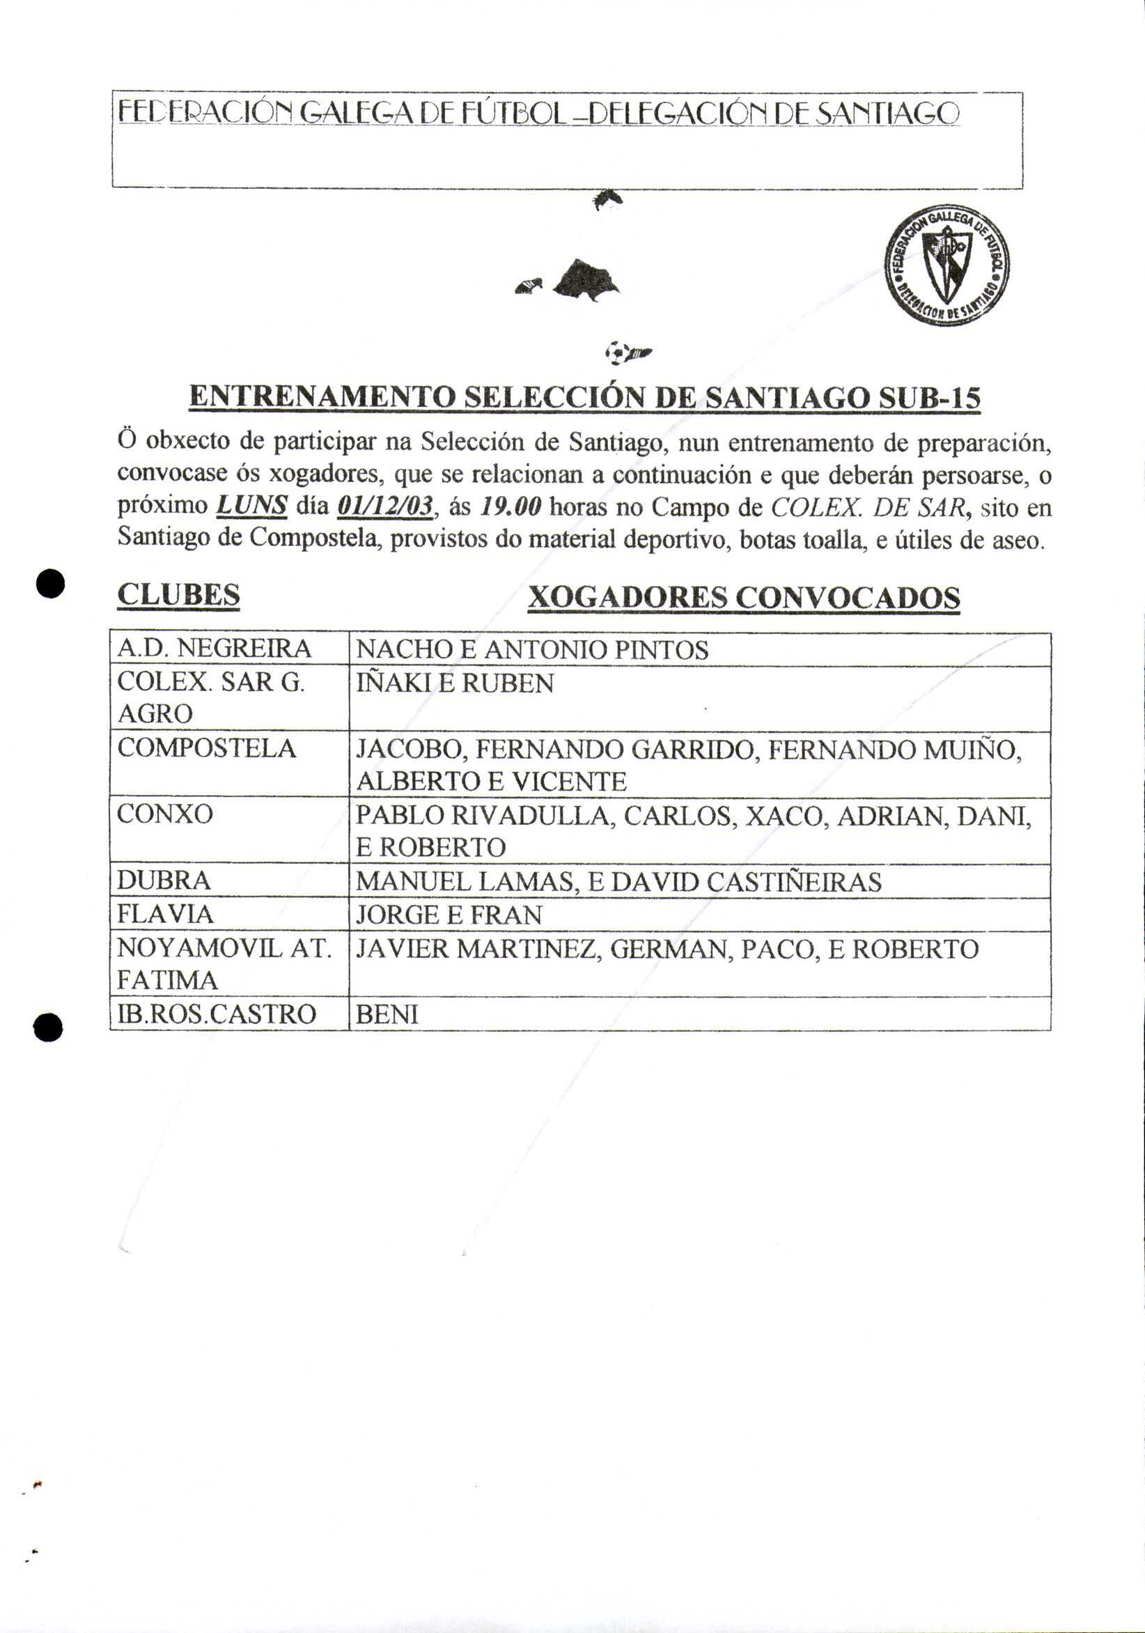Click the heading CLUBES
tap(178, 594)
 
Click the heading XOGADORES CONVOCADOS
tap(744, 598)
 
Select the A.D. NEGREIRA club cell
tap(214, 649)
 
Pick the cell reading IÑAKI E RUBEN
tap(455, 683)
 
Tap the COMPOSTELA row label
tap(206, 748)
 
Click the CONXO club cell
tap(165, 814)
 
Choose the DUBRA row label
tap(164, 881)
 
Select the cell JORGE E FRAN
tap(449, 915)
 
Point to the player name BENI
tap(387, 1014)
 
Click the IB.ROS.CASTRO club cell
tap(216, 1014)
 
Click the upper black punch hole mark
tap(52, 584)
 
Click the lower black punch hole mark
tap(47, 1027)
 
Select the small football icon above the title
tap(618, 351)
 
